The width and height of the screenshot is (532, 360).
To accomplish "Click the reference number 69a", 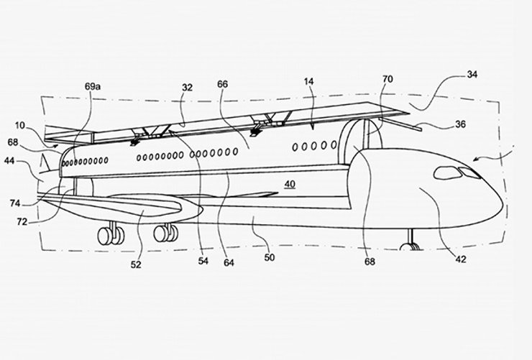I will coord(93,86).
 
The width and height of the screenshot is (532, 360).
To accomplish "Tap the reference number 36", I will coord(460,124).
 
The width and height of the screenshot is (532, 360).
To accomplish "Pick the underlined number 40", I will coord(290,184).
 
